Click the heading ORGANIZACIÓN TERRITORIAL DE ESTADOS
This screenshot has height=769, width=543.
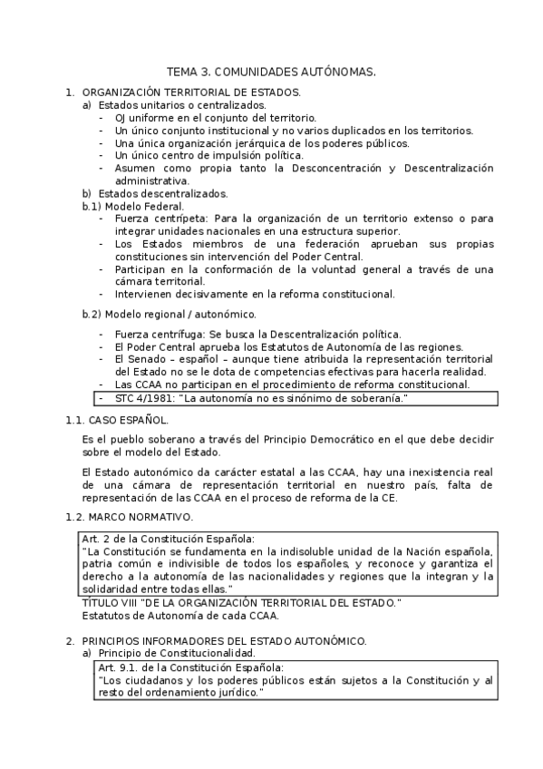[191, 92]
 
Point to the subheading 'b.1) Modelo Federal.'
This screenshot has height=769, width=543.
[132, 206]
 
